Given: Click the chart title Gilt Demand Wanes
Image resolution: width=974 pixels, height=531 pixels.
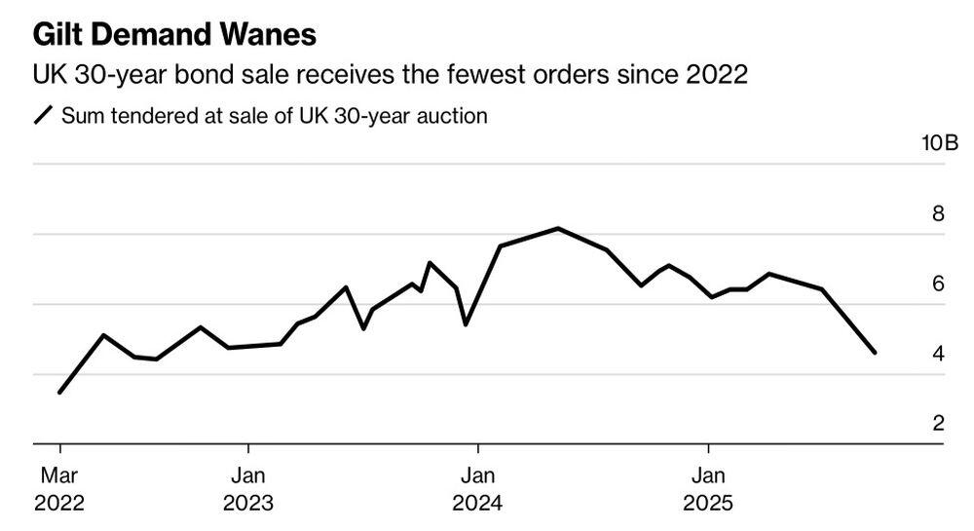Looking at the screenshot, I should pyautogui.click(x=174, y=35).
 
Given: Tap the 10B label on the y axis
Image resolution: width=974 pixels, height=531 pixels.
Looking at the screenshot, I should pyautogui.click(x=939, y=144).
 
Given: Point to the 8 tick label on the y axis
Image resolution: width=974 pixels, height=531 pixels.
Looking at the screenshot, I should pyautogui.click(x=939, y=213).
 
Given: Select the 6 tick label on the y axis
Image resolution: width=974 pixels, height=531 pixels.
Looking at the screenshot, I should pyautogui.click(x=939, y=284).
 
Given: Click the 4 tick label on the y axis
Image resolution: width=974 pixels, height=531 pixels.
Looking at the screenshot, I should pyautogui.click(x=939, y=354).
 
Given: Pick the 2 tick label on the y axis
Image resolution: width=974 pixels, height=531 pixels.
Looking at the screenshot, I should pyautogui.click(x=939, y=424).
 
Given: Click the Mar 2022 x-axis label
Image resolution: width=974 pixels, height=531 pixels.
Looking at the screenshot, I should pyautogui.click(x=59, y=490).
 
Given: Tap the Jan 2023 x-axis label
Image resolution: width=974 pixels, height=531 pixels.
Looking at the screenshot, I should pyautogui.click(x=248, y=490).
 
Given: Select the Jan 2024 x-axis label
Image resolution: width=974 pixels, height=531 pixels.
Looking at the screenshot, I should pyautogui.click(x=477, y=490).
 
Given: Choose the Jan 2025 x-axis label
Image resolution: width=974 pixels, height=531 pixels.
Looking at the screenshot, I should pyautogui.click(x=707, y=490).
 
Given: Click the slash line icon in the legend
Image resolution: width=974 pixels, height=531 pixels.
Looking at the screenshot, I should pyautogui.click(x=43, y=117).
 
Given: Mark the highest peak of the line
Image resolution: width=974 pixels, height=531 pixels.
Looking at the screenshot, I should pyautogui.click(x=558, y=228).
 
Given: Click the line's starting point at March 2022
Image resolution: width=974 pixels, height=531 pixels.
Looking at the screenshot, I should pyautogui.click(x=60, y=393).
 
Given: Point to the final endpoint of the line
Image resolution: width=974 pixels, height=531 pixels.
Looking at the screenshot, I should pyautogui.click(x=875, y=353).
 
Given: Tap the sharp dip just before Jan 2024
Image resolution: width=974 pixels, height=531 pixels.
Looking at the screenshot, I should pyautogui.click(x=466, y=324).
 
